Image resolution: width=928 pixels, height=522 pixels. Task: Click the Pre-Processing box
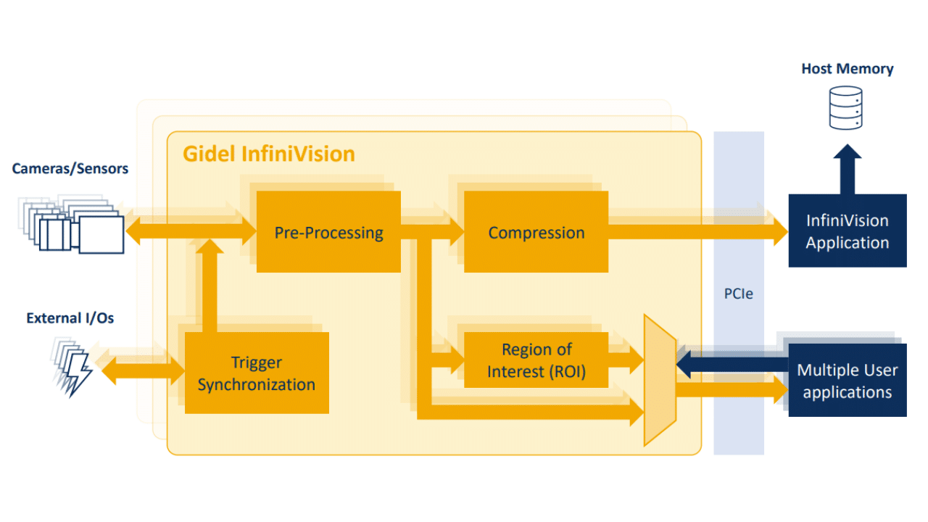(x=328, y=232)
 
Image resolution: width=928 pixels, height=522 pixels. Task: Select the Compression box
(x=536, y=232)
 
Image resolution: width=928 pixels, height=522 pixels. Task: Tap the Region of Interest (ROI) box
(x=536, y=360)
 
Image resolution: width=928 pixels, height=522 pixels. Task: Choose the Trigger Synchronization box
(x=257, y=373)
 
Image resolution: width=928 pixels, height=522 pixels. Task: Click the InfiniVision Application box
(x=847, y=231)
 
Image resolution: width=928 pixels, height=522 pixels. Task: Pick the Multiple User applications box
(x=847, y=381)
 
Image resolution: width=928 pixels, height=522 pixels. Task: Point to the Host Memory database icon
(x=846, y=108)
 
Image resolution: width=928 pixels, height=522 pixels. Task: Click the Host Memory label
(x=847, y=69)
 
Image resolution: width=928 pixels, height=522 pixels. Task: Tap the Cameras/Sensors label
(x=70, y=169)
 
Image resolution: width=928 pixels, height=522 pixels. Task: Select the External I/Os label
(x=70, y=318)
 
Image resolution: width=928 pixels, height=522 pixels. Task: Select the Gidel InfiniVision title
(x=269, y=154)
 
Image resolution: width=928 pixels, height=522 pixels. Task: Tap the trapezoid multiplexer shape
(x=660, y=381)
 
